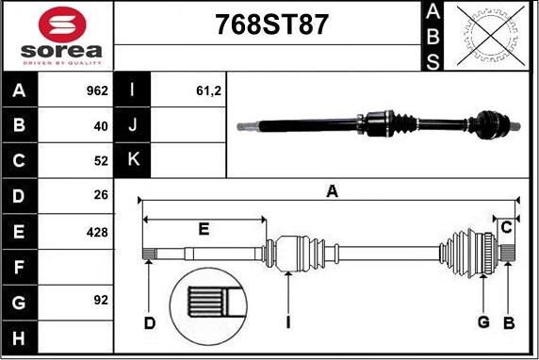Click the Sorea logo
coord(58,36)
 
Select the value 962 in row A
coord(96,91)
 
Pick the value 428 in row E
coord(96,231)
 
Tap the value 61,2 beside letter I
coord(206,91)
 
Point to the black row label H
coord(20,335)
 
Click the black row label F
coord(20,266)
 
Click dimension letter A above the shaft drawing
coord(332,191)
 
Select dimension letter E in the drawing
coord(204,228)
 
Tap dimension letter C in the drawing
coord(507,227)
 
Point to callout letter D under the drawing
coord(150,324)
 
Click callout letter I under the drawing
coord(288,324)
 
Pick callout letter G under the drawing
coord(483,324)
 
